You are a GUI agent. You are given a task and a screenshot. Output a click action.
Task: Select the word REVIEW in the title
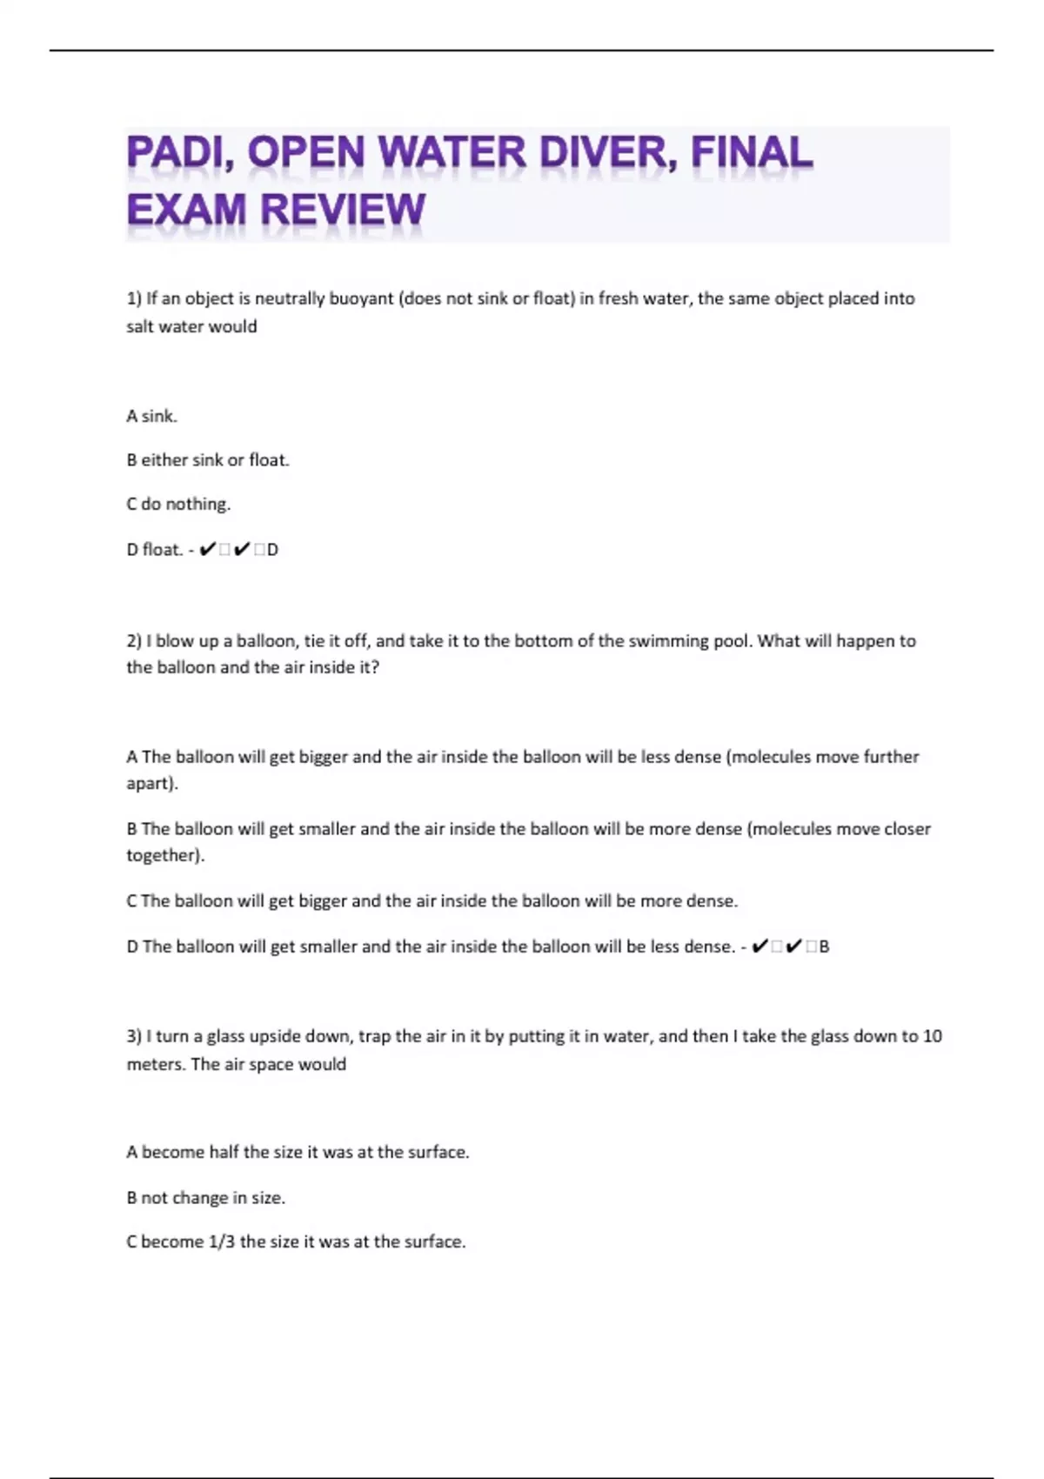point(343,210)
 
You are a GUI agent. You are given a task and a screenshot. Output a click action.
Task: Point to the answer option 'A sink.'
point(151,416)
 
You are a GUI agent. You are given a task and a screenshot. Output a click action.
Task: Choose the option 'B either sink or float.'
point(207,459)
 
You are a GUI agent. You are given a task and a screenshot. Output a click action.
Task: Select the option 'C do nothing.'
point(178,504)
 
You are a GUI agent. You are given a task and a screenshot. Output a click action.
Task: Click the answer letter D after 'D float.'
point(272,550)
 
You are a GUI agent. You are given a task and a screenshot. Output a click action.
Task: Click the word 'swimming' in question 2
point(665,641)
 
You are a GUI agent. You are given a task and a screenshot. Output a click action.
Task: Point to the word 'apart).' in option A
point(152,783)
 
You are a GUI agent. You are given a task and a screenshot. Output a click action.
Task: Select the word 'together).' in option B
point(165,855)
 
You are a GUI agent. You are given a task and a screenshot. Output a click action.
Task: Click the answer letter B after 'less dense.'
point(824,947)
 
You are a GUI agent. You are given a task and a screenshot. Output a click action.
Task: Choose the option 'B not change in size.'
point(205,1197)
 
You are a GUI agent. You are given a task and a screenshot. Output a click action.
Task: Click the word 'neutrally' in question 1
point(290,298)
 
